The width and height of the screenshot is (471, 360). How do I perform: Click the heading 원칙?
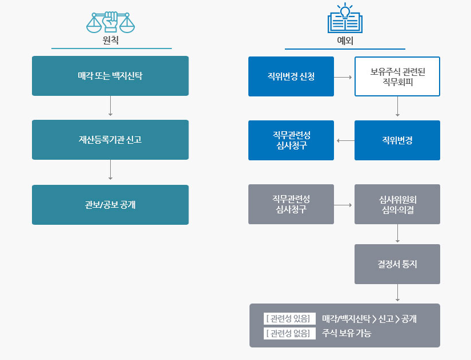(x=111, y=41)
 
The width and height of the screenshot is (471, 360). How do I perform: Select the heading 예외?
(x=345, y=41)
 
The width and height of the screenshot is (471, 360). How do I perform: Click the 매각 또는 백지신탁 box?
(x=110, y=76)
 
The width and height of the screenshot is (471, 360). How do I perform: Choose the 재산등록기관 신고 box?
(x=110, y=140)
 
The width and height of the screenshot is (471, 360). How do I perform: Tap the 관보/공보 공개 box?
(x=110, y=204)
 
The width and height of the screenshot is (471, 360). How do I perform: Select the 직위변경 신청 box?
(x=291, y=76)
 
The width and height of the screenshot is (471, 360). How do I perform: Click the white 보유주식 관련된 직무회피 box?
(x=397, y=76)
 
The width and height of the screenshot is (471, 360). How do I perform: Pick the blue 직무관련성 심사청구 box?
(x=291, y=140)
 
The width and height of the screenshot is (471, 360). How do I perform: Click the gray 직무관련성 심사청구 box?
(x=291, y=204)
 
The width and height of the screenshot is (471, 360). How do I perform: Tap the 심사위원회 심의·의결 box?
(x=397, y=204)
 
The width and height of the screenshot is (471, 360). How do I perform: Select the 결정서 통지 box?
(x=397, y=264)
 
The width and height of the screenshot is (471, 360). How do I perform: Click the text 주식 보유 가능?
(x=347, y=333)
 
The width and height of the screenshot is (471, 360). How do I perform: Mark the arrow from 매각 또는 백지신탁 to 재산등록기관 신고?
(x=110, y=107)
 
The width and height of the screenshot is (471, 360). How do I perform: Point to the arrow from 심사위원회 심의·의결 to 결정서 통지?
(x=397, y=234)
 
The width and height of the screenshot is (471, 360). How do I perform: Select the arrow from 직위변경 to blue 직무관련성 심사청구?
(x=344, y=140)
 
